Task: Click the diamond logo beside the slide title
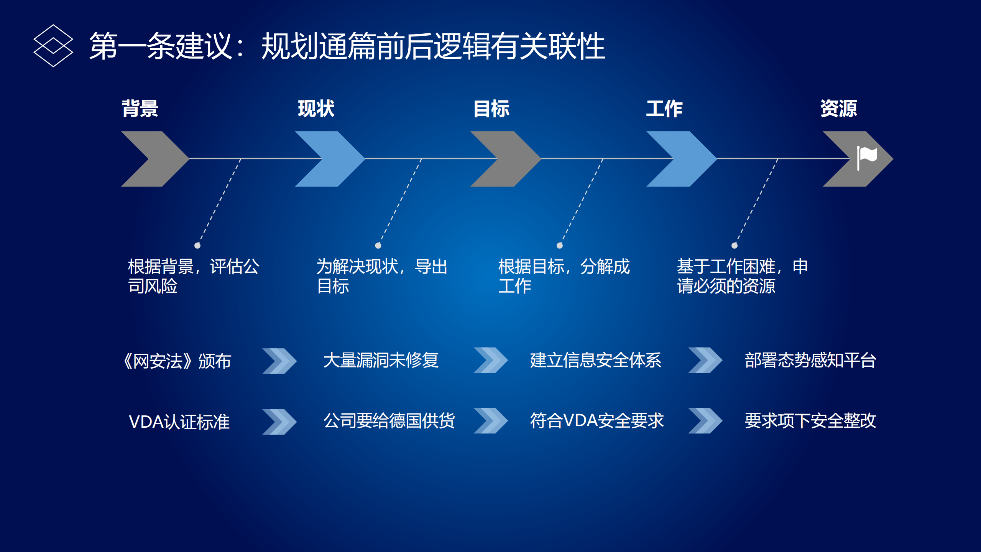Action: tap(53, 46)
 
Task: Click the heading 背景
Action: tap(140, 109)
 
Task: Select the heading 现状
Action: tap(316, 109)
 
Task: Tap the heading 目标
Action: tap(491, 109)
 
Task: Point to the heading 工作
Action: tap(664, 109)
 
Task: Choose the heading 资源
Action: tap(839, 109)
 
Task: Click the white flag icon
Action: tap(866, 157)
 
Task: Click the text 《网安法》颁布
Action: tap(177, 361)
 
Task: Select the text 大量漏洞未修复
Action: tap(381, 360)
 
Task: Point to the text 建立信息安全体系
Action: tap(595, 360)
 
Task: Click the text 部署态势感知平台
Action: tap(810, 360)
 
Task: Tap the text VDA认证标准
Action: tap(179, 422)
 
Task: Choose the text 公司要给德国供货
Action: tap(389, 421)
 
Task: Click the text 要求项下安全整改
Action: tap(810, 421)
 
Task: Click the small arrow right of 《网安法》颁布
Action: tap(279, 361)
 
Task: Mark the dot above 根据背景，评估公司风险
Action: tap(197, 246)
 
